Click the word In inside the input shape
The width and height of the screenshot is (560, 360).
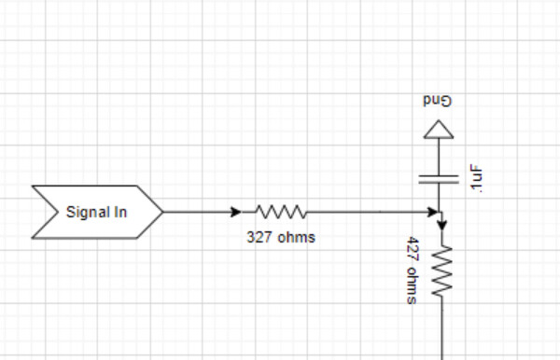click(x=120, y=212)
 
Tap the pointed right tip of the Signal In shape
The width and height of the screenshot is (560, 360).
click(x=164, y=212)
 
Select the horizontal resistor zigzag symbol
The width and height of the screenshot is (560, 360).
click(x=280, y=211)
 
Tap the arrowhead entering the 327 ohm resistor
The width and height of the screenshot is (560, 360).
click(x=236, y=212)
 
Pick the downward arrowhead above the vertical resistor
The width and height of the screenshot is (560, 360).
click(x=441, y=225)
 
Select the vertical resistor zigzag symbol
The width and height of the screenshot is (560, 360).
click(x=441, y=272)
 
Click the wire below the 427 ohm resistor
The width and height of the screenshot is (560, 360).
click(x=441, y=331)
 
